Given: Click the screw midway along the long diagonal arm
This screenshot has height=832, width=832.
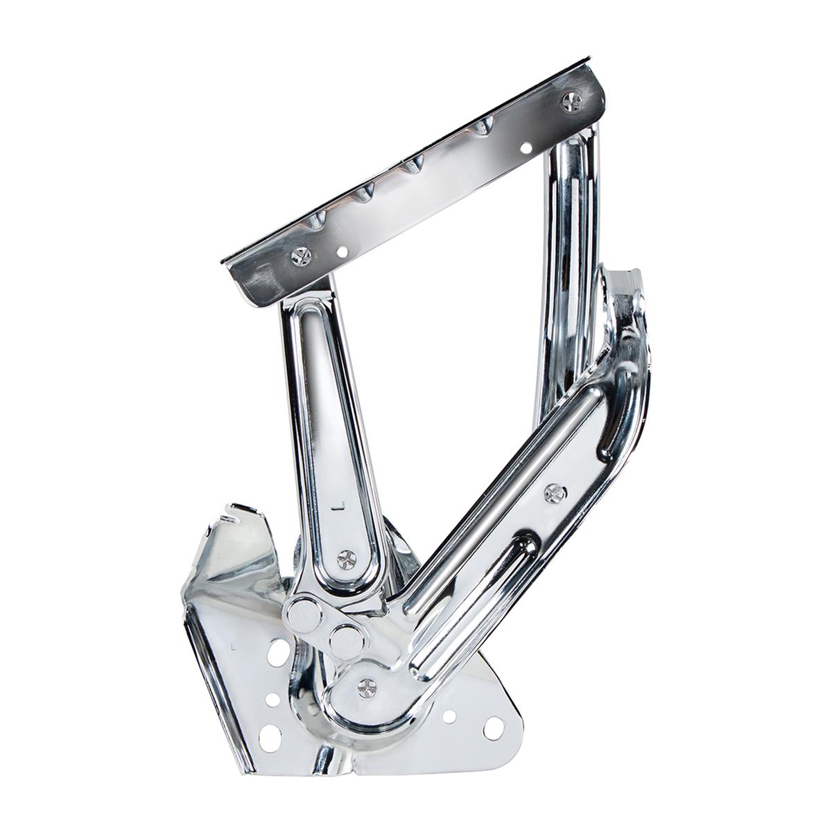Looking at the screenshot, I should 552,492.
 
